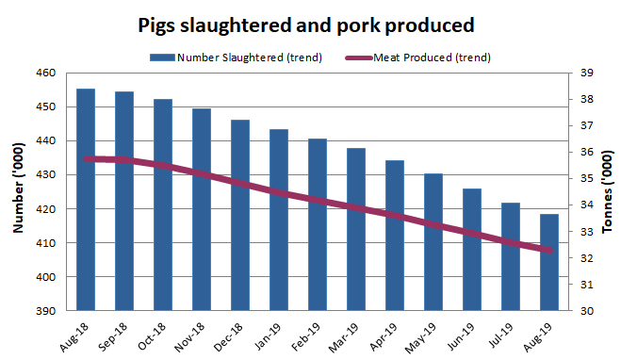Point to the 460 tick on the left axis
[47, 73]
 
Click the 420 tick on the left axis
[47, 209]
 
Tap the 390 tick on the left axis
[47, 311]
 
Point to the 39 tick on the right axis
[584, 73]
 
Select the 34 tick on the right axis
[584, 205]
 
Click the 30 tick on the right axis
[584, 311]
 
